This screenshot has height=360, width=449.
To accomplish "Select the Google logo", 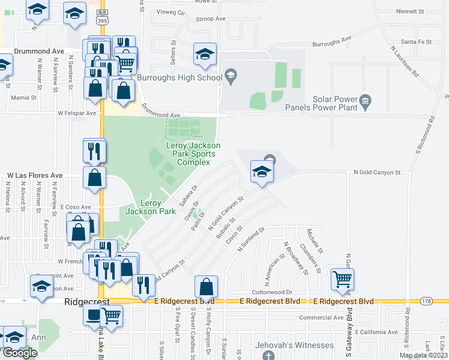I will pos(20,353).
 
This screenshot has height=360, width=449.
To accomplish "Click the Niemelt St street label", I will pos(411,11).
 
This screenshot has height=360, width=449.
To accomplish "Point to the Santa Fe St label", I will pos(417,41).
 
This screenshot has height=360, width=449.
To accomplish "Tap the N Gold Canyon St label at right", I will pos(377,172).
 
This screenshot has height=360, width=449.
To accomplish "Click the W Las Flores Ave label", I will pos(35,176).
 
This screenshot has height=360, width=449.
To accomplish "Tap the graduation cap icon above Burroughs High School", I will pos(205,54).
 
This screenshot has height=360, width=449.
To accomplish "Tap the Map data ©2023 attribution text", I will pos(423,355).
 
